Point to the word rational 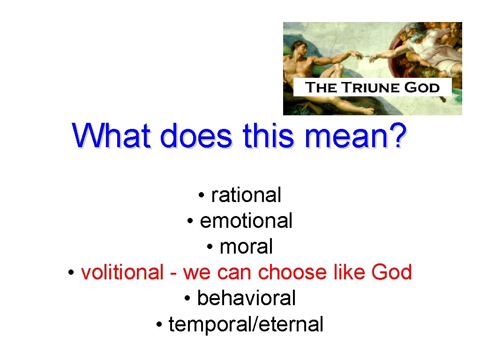tap(246, 195)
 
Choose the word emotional tap(246, 221)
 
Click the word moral tap(246, 247)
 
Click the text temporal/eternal tap(246, 324)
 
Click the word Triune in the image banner tap(368, 88)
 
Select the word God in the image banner tap(423, 88)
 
